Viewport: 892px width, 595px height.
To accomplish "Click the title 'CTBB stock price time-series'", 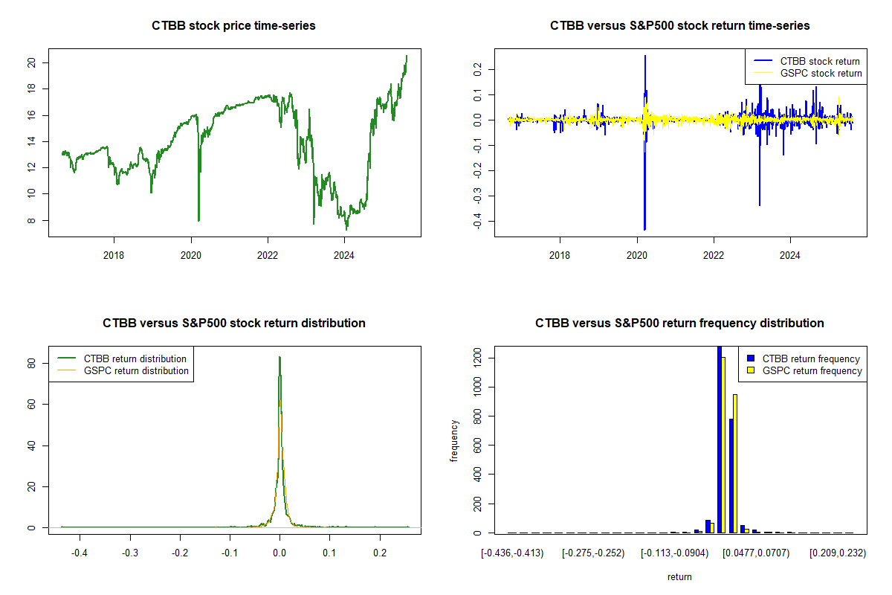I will tap(233, 26).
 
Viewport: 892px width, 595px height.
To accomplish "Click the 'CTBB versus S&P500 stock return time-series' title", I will tap(679, 26).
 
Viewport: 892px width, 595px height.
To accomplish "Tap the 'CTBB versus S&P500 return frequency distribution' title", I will tap(679, 324).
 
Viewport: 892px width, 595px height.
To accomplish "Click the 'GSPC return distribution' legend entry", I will tap(136, 370).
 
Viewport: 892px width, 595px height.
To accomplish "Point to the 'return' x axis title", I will tap(679, 577).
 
